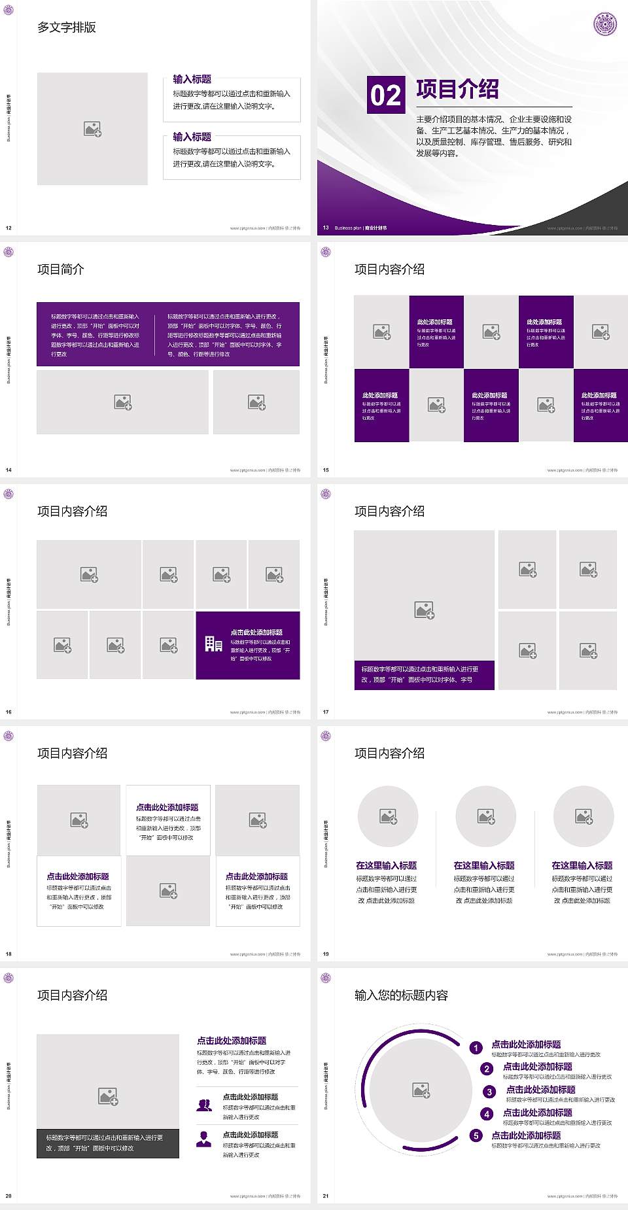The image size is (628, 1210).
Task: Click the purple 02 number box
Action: [385, 95]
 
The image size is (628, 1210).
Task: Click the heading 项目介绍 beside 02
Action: [457, 90]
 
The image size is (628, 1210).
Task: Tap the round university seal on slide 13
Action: [604, 24]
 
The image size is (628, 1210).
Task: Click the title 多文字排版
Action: [67, 27]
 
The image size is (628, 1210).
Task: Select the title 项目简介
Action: [61, 269]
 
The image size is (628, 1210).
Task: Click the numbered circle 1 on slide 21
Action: [476, 1048]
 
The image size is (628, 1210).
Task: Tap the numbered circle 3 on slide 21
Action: [489, 1092]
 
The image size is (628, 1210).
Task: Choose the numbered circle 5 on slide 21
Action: [476, 1135]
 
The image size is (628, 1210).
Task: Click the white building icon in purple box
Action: [214, 644]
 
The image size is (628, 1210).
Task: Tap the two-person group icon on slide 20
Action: [204, 1105]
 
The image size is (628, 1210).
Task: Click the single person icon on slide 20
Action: [204, 1139]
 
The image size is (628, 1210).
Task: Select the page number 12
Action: [9, 228]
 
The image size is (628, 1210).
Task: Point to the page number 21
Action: [326, 1196]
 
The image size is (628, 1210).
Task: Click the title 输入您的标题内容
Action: [401, 995]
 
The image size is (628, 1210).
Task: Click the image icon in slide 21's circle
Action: [421, 1090]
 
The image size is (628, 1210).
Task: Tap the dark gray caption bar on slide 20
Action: [108, 1143]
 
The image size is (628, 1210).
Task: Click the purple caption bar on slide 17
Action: [424, 674]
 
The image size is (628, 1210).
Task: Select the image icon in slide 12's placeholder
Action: [92, 130]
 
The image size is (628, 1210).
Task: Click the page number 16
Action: [9, 712]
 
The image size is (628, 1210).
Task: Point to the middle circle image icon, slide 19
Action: [486, 816]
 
